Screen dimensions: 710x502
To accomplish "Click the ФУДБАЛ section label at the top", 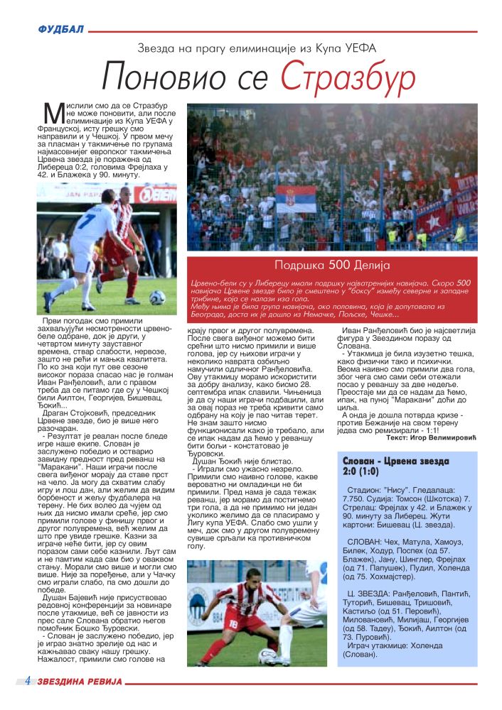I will coord(60,29).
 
